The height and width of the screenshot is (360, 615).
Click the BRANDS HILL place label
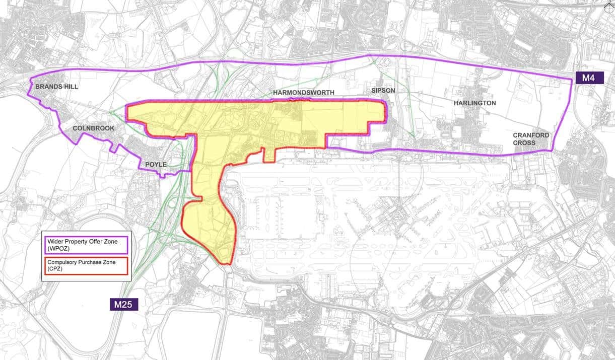[56, 87]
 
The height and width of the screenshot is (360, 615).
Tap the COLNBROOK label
[94, 128]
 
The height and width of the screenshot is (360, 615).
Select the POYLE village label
[156, 165]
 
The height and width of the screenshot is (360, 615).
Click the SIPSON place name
[383, 91]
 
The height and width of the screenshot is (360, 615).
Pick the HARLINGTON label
[474, 103]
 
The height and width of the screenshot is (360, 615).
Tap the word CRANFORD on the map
[531, 135]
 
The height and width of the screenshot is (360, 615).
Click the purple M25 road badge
[124, 304]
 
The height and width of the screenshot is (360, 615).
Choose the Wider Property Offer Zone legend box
[86, 245]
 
